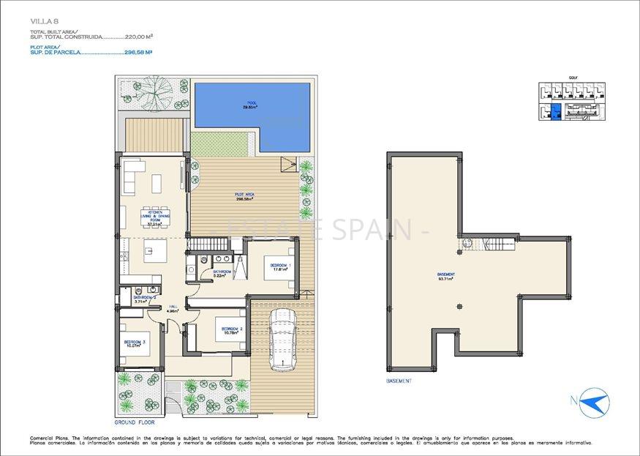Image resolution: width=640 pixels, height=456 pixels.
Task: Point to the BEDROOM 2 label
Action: [231, 330]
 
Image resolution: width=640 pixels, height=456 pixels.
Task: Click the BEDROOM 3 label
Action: [135, 344]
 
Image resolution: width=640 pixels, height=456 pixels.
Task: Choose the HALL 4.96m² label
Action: [173, 309]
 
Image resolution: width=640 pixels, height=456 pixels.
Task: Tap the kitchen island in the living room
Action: [156, 253]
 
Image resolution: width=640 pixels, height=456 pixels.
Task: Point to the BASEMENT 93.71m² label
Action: [445, 276]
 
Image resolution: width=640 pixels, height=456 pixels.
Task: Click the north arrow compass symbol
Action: [592, 403]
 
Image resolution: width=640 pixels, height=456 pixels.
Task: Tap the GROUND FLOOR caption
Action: [135, 422]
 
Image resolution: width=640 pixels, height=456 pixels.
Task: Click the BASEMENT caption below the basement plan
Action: [399, 381]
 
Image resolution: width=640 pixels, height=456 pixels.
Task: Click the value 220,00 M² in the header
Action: [139, 36]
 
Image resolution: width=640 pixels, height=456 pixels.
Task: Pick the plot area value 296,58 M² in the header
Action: [138, 53]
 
